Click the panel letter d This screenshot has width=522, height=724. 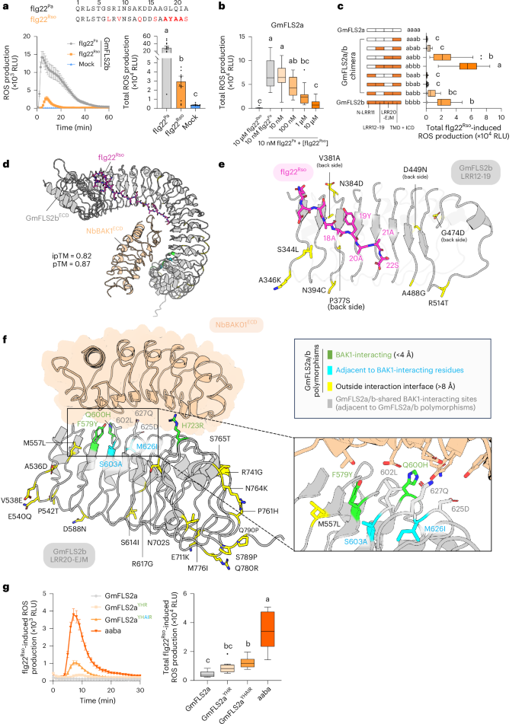coord(5,162)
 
